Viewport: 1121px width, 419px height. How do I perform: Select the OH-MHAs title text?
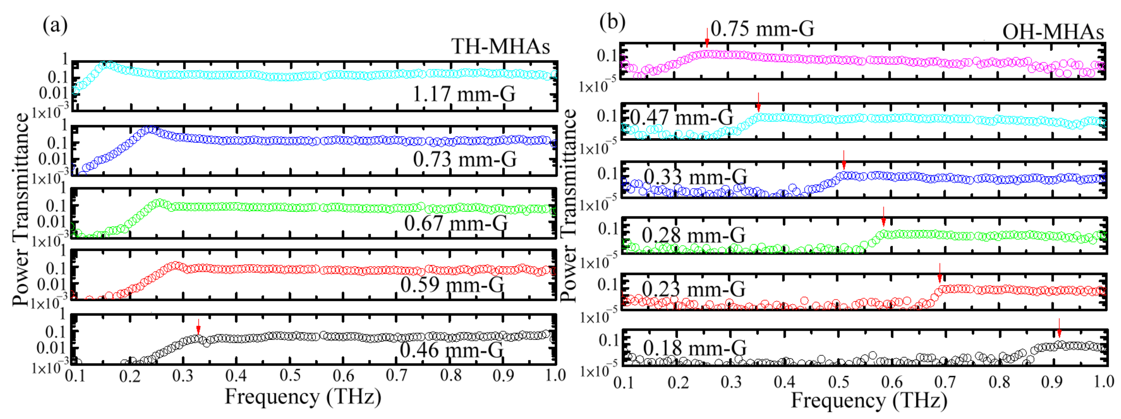coord(1053,32)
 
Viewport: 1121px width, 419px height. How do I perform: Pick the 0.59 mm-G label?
coord(452,284)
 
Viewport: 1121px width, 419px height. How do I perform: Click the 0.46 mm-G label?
coord(451,349)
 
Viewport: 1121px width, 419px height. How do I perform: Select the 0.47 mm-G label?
coord(682,117)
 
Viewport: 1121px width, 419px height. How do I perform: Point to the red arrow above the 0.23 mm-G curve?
coord(940,273)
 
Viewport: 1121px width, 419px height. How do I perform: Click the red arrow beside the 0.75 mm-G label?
coord(707,37)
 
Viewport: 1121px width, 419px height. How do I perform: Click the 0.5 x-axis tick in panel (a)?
coord(290,375)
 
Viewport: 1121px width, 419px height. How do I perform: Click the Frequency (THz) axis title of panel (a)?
coord(303,397)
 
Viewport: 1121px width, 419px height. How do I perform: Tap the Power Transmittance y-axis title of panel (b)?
coord(568,205)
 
